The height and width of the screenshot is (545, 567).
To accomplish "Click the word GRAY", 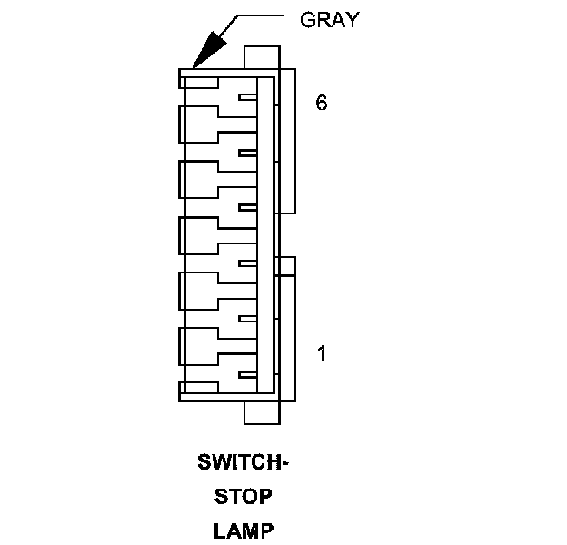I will click(329, 20).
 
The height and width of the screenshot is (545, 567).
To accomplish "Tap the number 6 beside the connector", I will click(321, 103).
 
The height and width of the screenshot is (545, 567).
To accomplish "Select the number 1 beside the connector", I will click(322, 352).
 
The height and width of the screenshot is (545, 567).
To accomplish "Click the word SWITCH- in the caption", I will click(243, 462).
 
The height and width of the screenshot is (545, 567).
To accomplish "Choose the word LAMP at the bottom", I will click(243, 530).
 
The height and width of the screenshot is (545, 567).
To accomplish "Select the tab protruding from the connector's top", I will click(262, 57).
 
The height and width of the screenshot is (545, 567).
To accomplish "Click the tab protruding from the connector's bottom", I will click(262, 412).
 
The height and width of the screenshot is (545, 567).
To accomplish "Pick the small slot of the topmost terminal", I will click(246, 97).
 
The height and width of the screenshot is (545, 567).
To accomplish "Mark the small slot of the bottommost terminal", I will click(246, 374).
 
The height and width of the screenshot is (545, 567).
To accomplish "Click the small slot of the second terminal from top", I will click(246, 153).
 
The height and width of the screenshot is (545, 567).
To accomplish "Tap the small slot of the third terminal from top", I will click(246, 208).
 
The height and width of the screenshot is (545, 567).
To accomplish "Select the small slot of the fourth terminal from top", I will click(246, 263).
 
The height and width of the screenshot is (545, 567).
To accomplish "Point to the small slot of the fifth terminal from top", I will click(246, 319).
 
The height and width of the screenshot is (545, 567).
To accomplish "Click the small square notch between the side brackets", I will click(287, 265).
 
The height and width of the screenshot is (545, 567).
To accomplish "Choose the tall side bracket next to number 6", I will click(287, 141).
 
